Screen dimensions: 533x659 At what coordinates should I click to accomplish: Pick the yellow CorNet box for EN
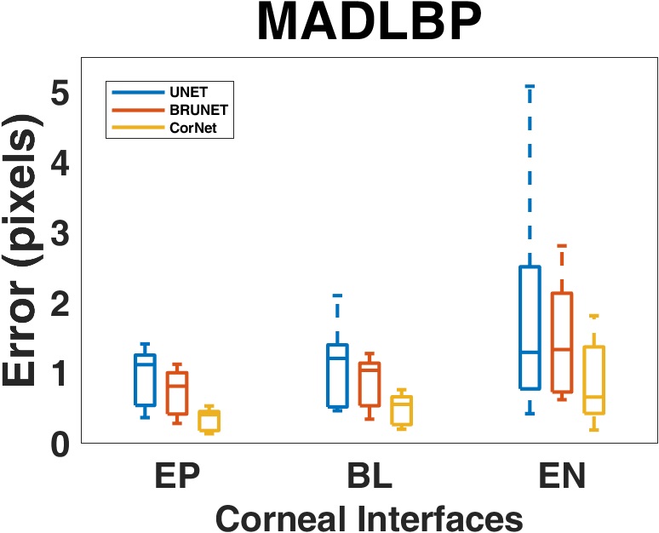tap(593, 380)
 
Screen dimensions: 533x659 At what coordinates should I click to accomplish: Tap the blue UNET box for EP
tap(145, 380)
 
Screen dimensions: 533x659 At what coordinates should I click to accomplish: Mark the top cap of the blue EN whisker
tap(529, 87)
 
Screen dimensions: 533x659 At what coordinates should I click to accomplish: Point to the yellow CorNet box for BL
tap(400, 410)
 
